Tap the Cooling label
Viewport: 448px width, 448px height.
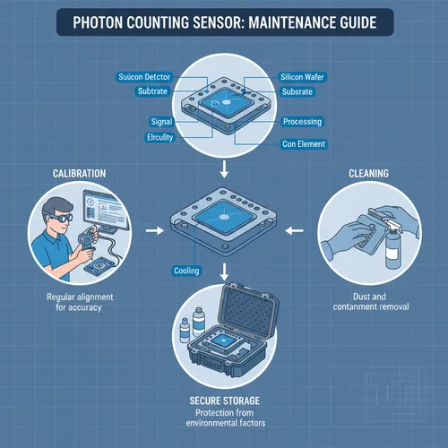pyautogui.click(x=186, y=270)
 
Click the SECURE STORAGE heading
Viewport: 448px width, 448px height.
pyautogui.click(x=225, y=399)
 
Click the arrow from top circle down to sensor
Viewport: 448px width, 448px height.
pyautogui.click(x=224, y=167)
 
